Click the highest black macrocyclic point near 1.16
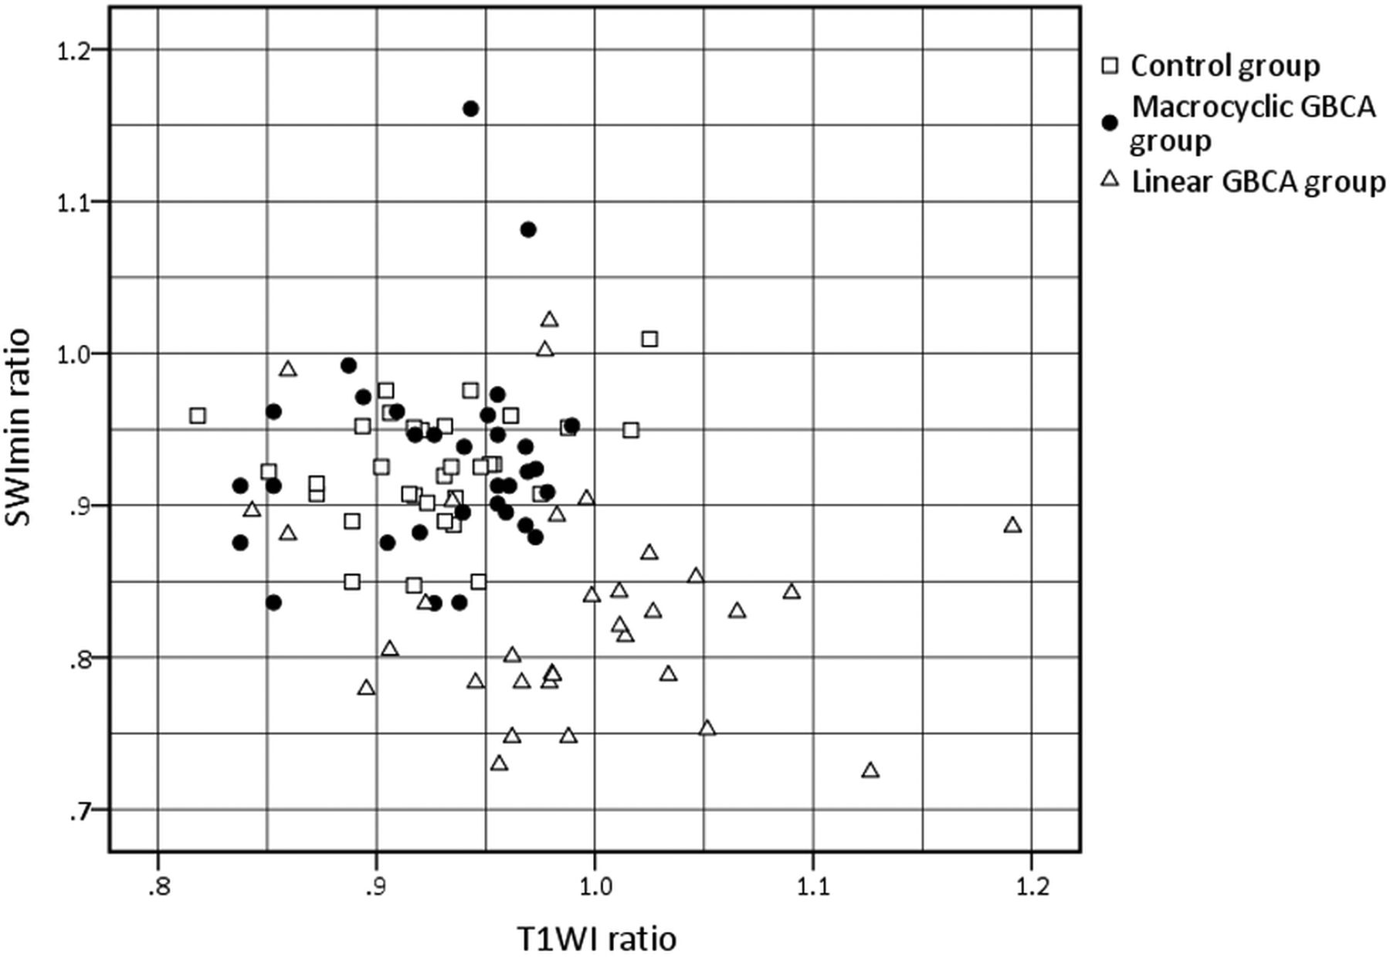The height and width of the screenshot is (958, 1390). tap(470, 109)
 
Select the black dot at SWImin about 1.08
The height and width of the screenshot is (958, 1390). tap(528, 229)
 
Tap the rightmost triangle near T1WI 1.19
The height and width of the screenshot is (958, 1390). tap(1012, 526)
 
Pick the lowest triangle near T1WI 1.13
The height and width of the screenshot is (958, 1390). tap(870, 770)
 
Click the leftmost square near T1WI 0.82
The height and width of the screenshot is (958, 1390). tap(198, 416)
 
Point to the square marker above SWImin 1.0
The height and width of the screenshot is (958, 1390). tap(649, 339)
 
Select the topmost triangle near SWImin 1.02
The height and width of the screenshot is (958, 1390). tap(550, 320)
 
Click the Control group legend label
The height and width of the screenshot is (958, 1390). tap(1225, 66)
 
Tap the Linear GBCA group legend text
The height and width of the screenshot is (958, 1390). tap(1258, 182)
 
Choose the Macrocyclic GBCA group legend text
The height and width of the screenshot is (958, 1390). tap(1253, 124)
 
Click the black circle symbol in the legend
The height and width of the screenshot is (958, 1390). tap(1110, 122)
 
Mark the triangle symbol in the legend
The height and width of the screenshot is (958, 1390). tap(1110, 181)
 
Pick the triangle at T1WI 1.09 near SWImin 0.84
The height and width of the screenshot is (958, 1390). tap(792, 592)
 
